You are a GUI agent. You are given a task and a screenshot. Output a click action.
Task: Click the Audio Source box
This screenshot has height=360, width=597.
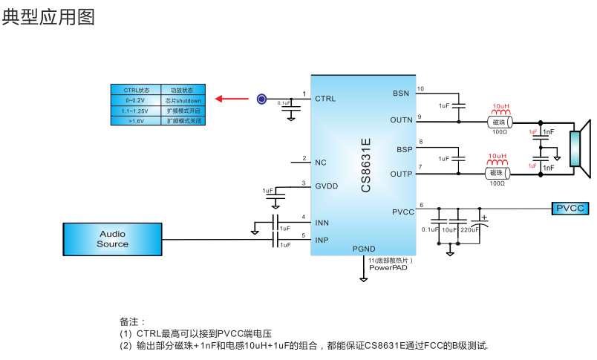point(112,239)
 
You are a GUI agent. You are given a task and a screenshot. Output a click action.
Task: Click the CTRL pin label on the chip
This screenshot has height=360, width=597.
point(325,99)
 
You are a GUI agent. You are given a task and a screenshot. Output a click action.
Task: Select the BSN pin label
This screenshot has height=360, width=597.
point(401,93)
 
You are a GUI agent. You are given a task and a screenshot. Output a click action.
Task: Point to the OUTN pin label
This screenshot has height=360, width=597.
point(401,120)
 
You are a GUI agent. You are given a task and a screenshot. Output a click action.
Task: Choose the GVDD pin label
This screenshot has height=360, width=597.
point(327,186)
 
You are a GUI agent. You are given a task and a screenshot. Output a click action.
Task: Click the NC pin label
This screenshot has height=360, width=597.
point(321,163)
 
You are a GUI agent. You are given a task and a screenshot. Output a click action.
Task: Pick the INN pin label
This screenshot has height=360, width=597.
point(322,222)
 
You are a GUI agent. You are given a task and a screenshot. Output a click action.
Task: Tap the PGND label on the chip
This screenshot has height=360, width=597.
point(364,249)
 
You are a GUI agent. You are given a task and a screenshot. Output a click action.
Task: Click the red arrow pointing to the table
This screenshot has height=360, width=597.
point(231,99)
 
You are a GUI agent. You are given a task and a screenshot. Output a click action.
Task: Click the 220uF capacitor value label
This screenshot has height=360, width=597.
point(470,230)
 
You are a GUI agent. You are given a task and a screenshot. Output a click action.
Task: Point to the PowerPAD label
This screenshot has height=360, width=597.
point(388,268)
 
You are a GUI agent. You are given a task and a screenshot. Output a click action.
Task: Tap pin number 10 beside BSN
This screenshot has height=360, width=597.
point(421,89)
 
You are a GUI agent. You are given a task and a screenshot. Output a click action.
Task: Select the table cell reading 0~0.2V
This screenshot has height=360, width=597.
point(135,99)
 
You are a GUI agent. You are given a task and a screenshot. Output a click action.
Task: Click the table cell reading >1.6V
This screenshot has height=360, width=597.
point(135,120)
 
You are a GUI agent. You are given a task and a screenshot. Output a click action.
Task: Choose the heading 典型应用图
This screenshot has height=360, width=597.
point(48,17)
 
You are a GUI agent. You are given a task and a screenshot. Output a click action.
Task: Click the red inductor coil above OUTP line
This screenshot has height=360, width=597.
point(497,164)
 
